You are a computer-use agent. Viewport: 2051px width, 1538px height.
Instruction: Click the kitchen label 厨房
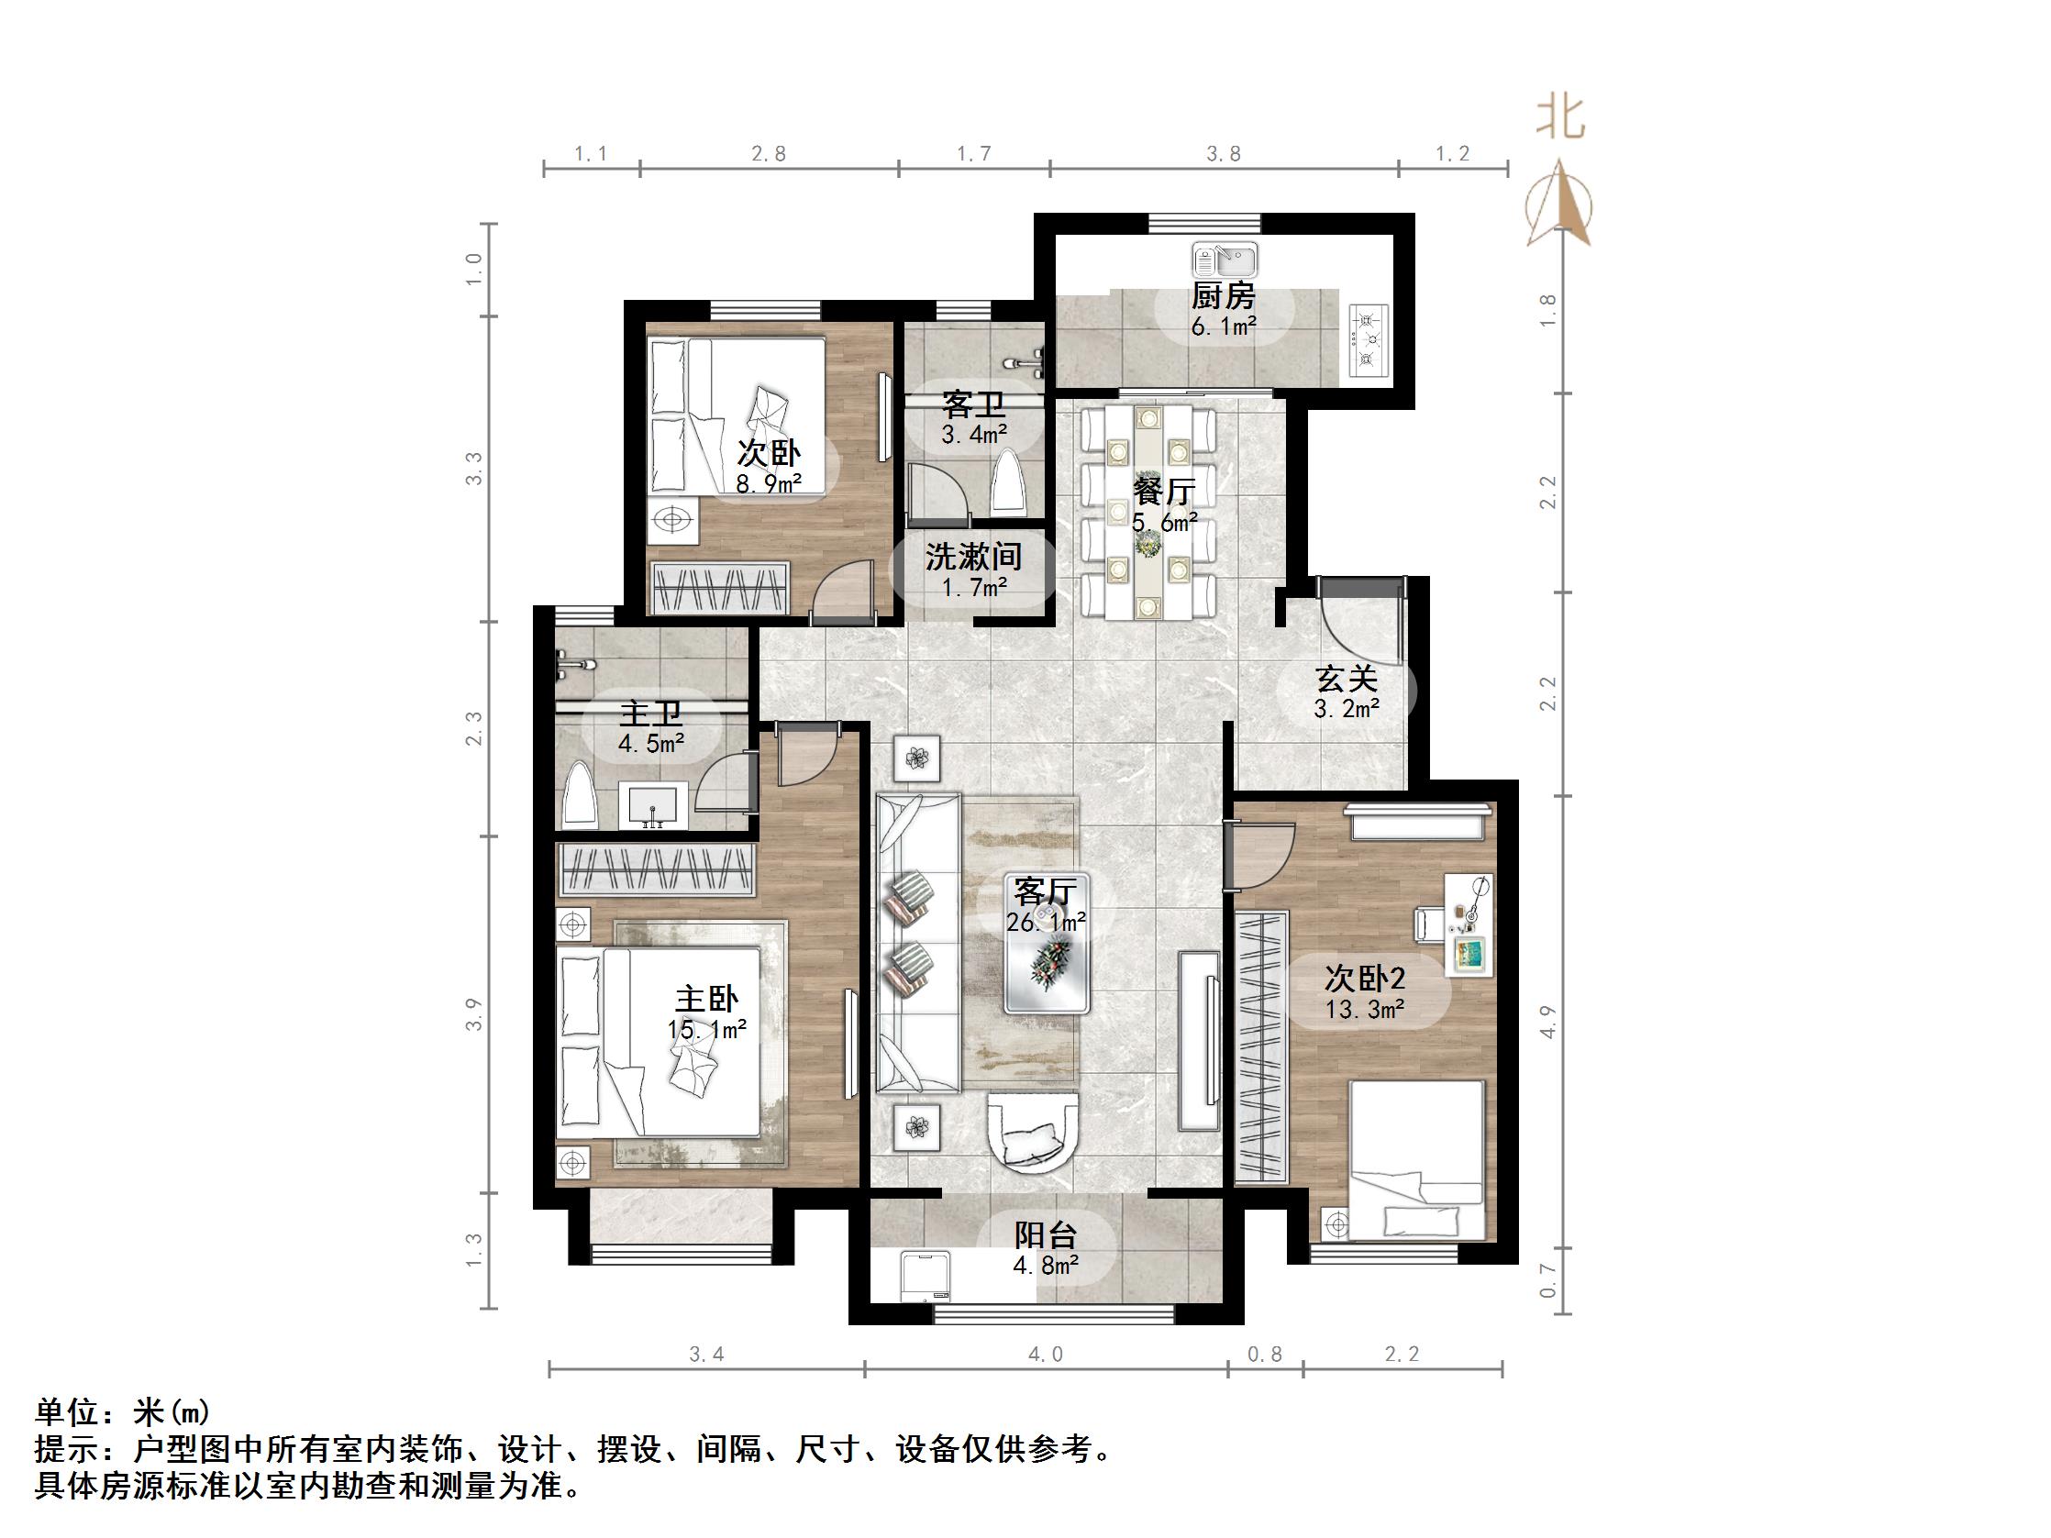pos(1223,296)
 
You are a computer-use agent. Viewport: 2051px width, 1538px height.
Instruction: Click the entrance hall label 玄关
pos(1347,680)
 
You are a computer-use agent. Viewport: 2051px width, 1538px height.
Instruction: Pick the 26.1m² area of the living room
pos(1046,923)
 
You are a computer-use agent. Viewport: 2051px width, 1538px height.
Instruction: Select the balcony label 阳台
pos(1045,1234)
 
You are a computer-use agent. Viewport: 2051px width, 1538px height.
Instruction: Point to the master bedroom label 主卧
pos(706,1000)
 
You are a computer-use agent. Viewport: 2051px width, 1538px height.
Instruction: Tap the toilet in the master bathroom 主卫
pos(580,795)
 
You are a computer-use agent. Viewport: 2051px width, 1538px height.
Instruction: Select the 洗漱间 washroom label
pos(973,557)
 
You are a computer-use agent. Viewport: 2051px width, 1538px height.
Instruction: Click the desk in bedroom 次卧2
pos(1467,924)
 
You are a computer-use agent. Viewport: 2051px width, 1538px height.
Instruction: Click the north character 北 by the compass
pos(1560,118)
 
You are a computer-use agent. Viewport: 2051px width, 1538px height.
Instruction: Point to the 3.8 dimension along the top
pos(1223,154)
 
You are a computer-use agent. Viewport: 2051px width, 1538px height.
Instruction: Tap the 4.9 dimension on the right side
pos(1547,1022)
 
